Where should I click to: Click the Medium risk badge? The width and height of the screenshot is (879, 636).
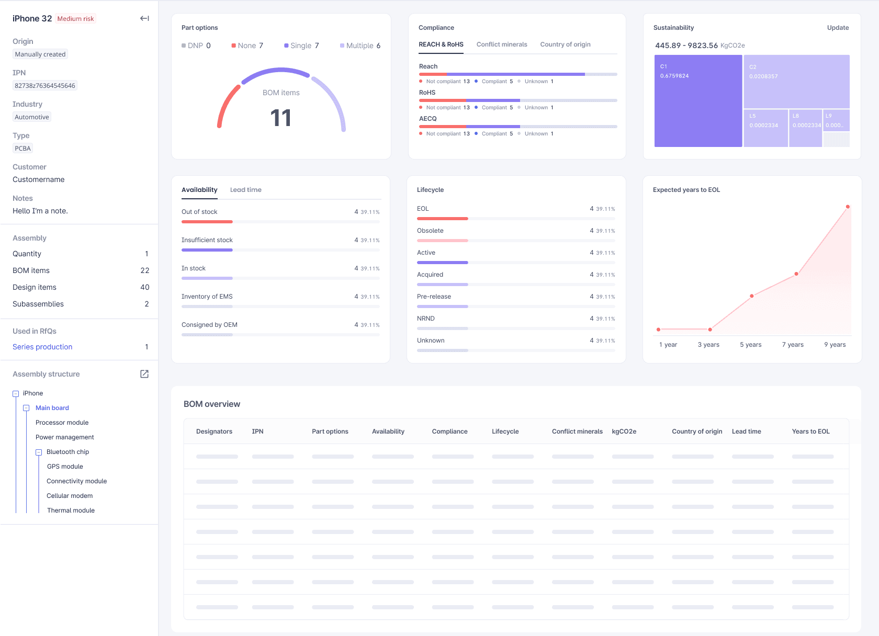point(76,19)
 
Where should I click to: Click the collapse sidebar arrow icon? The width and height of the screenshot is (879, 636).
point(144,19)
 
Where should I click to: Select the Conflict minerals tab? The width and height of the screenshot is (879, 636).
point(501,44)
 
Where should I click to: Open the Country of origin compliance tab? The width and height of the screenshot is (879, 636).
point(565,44)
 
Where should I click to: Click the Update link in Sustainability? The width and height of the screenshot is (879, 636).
point(837,28)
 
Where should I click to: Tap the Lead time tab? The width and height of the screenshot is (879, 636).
point(245,190)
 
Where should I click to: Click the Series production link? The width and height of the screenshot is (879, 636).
point(42,347)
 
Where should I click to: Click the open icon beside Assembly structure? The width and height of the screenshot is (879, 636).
point(144,374)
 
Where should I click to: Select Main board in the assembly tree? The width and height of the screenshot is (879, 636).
point(52,408)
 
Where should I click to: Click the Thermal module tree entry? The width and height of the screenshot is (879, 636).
point(71,510)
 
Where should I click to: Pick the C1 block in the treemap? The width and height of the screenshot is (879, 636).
point(697,101)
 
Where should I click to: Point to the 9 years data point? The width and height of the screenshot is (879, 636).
point(847,207)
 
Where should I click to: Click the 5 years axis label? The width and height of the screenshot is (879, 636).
point(750,345)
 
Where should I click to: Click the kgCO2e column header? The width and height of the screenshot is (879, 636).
point(624,431)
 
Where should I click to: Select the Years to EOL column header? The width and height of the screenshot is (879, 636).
point(810,431)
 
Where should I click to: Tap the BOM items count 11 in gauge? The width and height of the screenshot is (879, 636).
point(281,118)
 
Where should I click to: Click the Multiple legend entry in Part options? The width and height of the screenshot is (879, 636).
point(360,46)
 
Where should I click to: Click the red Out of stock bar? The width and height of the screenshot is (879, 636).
point(207,222)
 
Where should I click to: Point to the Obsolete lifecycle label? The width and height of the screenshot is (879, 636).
point(430,231)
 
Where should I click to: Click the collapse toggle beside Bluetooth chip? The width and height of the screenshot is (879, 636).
point(39,452)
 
